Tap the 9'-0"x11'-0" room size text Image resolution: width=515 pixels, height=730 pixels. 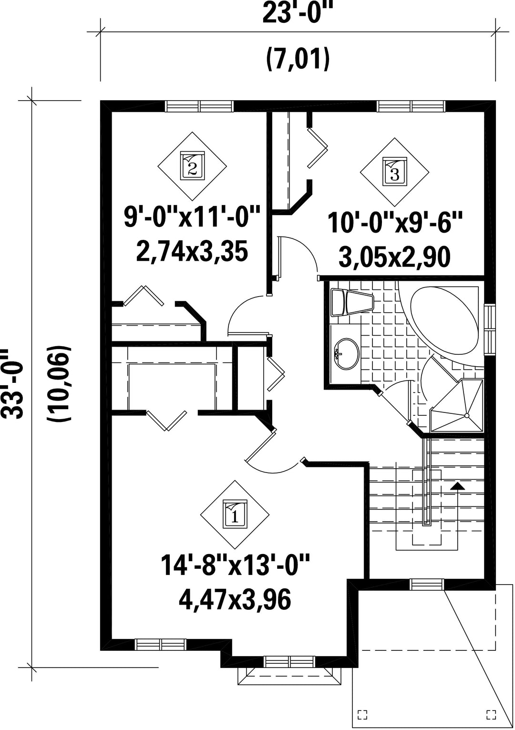tap(192, 219)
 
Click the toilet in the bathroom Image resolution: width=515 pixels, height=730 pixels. tap(351, 303)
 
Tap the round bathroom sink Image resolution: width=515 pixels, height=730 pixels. tap(347, 354)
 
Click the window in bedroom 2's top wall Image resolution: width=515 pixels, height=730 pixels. tap(199, 106)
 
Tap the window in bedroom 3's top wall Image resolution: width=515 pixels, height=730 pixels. tap(411, 106)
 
